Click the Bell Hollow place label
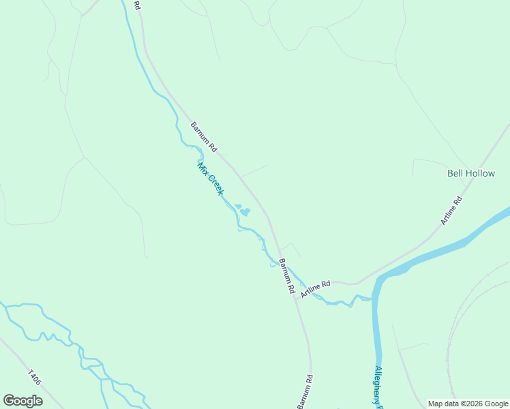pyautogui.click(x=470, y=173)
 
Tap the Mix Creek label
pyautogui.click(x=210, y=179)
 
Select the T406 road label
pyautogui.click(x=35, y=379)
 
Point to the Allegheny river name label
pyautogui.click(x=379, y=387)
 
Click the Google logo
pyautogui.click(x=22, y=401)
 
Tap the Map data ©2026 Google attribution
pyautogui.click(x=468, y=404)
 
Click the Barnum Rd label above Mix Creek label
pyautogui.click(x=203, y=136)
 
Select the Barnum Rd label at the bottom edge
pyautogui.click(x=305, y=393)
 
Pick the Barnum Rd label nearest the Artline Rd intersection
pyautogui.click(x=286, y=275)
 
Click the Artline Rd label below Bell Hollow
pyautogui.click(x=451, y=211)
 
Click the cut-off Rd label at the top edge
pyautogui.click(x=137, y=5)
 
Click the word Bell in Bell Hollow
pyautogui.click(x=455, y=173)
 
